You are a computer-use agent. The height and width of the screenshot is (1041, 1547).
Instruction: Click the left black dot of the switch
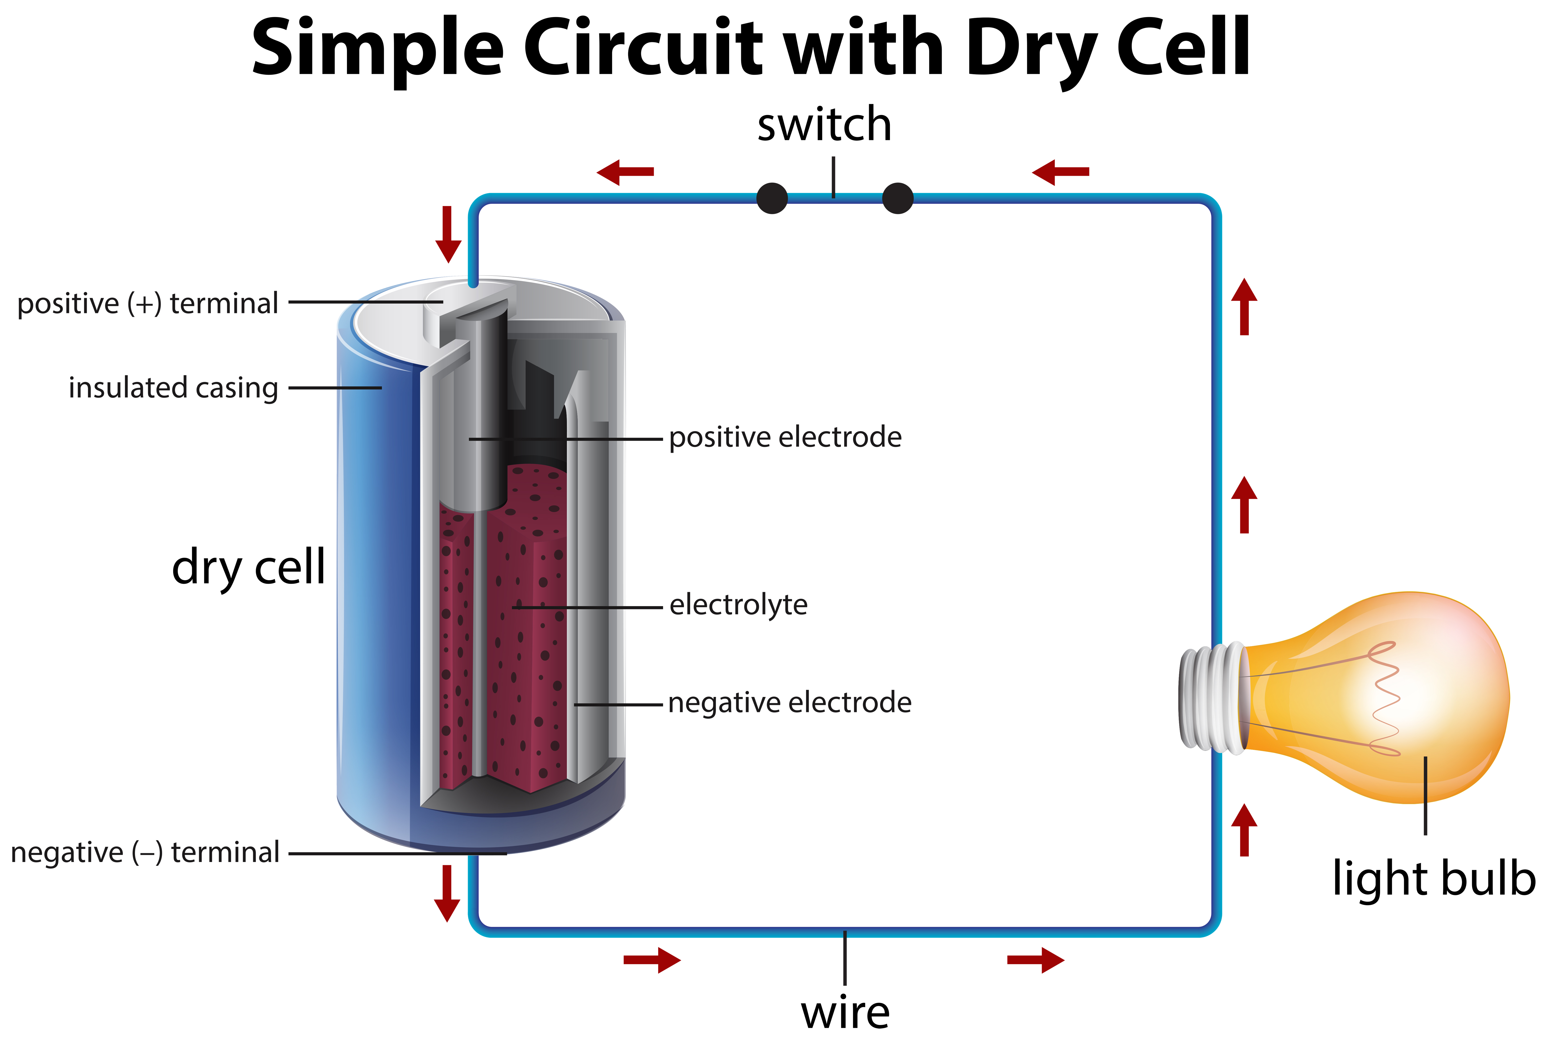click(772, 198)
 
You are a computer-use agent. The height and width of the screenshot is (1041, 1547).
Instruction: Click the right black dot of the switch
click(897, 198)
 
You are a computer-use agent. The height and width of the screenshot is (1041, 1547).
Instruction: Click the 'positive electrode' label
click(785, 438)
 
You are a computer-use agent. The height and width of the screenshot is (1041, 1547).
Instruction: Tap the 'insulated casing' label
click(173, 388)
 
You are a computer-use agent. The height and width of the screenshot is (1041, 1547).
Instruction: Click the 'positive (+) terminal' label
click(148, 304)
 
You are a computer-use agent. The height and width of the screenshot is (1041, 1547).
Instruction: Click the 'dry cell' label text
click(248, 568)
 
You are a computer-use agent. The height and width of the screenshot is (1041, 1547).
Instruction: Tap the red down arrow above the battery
click(448, 234)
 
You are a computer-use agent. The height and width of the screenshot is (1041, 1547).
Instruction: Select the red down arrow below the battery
click(447, 894)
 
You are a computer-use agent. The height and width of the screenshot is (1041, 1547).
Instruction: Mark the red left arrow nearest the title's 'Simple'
click(625, 172)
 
